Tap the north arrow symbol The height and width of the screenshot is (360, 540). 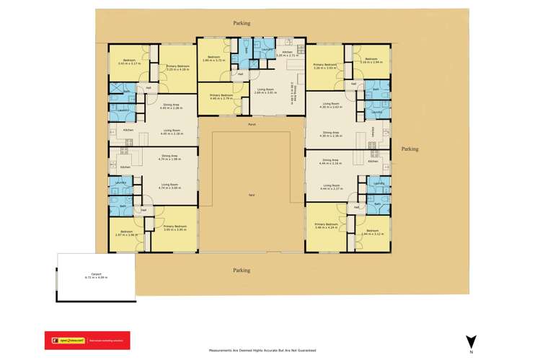tap(470, 342)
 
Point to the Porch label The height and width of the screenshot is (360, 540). tap(252, 125)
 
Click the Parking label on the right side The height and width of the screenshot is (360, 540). tap(410, 149)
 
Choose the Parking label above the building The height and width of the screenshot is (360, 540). tap(242, 23)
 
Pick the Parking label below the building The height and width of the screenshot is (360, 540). tap(242, 270)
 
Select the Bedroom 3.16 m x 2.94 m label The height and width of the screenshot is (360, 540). tap(371, 61)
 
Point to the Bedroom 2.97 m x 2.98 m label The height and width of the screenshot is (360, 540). tap(126, 233)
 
